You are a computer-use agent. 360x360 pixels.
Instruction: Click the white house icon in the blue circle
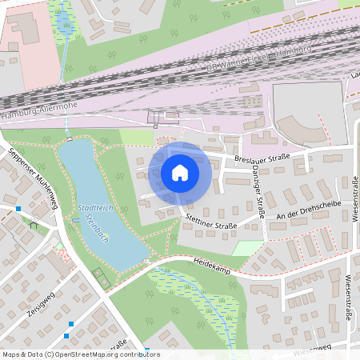[x=180, y=172]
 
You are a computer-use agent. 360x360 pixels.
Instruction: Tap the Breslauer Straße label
[x=261, y=158]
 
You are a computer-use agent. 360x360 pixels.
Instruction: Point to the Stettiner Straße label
[x=211, y=222]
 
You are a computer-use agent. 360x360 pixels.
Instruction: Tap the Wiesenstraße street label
[x=349, y=297]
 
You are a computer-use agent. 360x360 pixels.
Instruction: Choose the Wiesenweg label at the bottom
[x=312, y=350]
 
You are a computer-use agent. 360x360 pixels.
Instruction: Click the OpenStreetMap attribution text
[x=80, y=354]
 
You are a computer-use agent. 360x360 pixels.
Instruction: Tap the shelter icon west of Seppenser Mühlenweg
[x=33, y=225]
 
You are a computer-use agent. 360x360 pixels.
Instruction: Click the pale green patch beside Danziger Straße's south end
[x=246, y=247]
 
